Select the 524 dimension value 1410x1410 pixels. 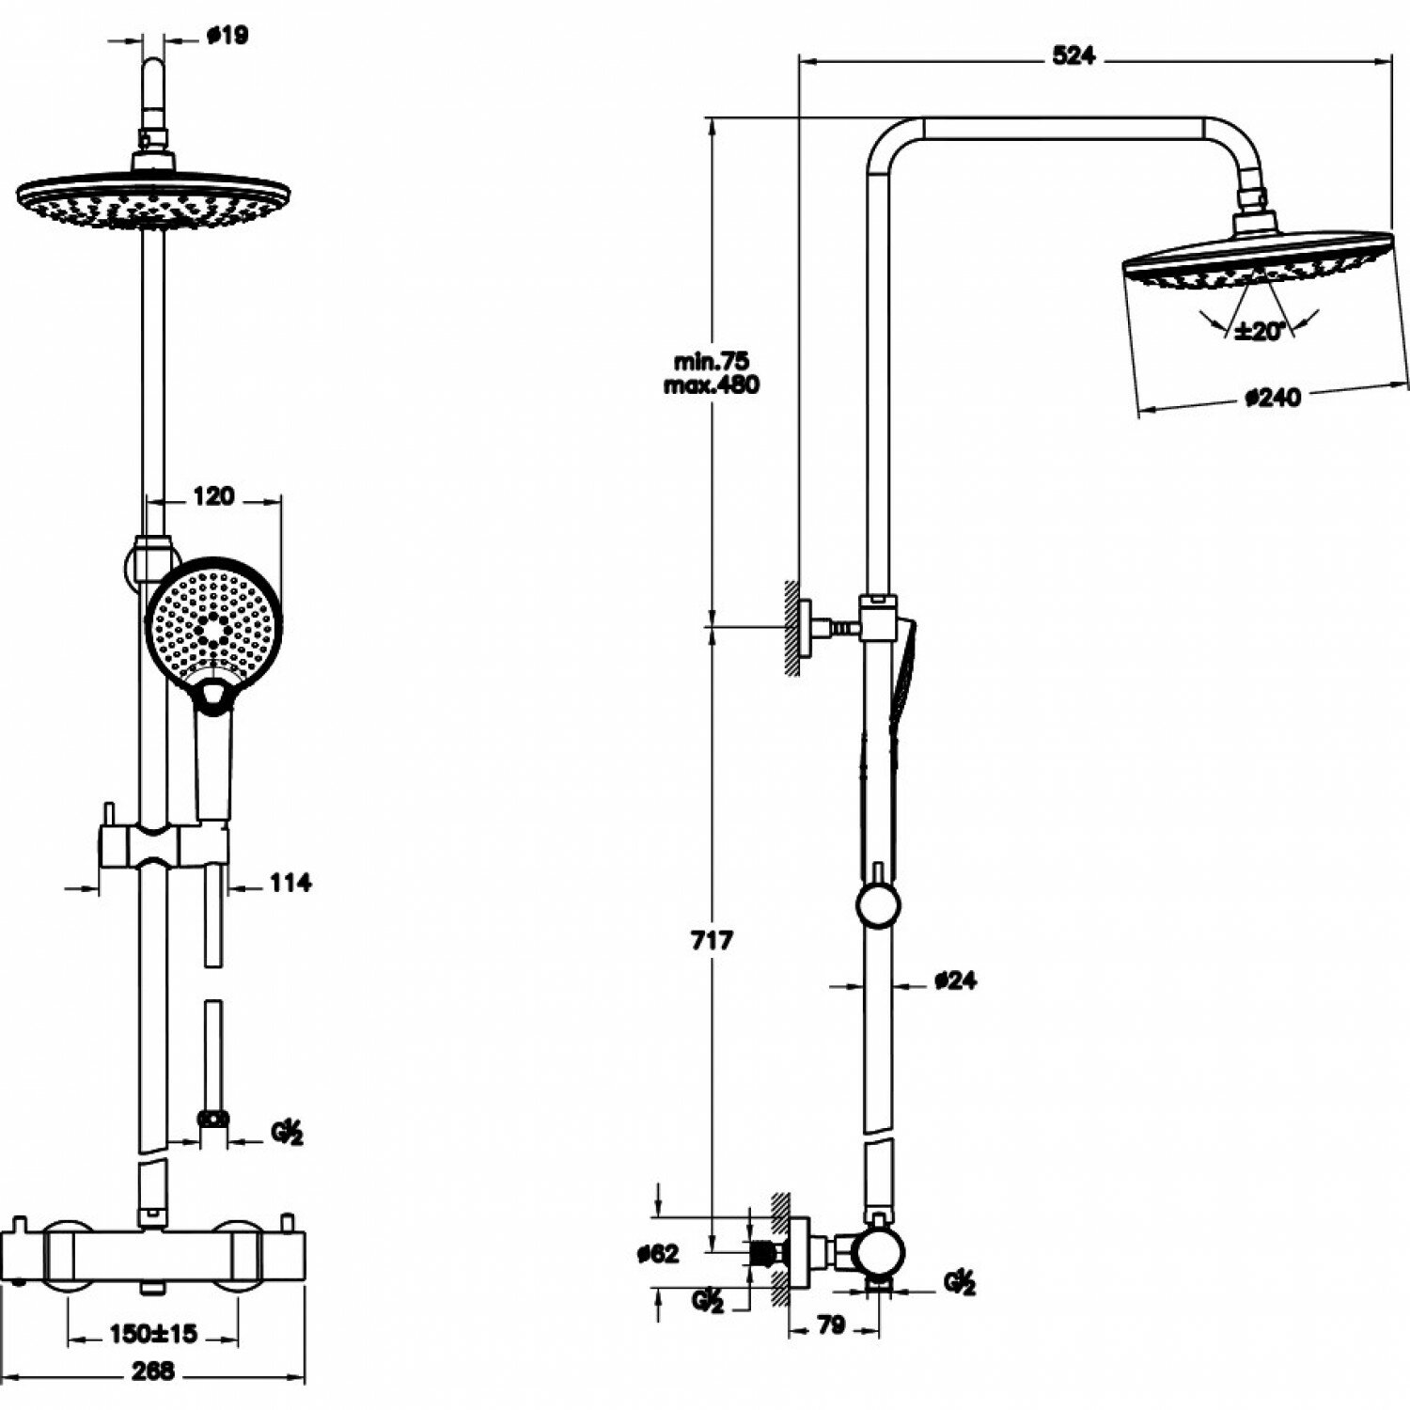(x=1073, y=56)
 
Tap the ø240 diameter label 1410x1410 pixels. (x=1274, y=398)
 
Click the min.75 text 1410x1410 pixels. (x=712, y=361)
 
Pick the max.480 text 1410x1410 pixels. (x=712, y=384)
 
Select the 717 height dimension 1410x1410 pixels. (x=712, y=939)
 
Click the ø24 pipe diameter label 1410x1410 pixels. (x=956, y=980)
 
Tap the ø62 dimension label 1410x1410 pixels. (x=657, y=1253)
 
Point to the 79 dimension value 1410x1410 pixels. (x=831, y=1325)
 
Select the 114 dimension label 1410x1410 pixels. (x=290, y=883)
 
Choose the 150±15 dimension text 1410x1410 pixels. (x=152, y=1333)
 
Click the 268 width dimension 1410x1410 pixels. (x=152, y=1371)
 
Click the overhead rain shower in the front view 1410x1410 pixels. (x=153, y=200)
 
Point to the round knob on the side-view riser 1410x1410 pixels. (x=878, y=905)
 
